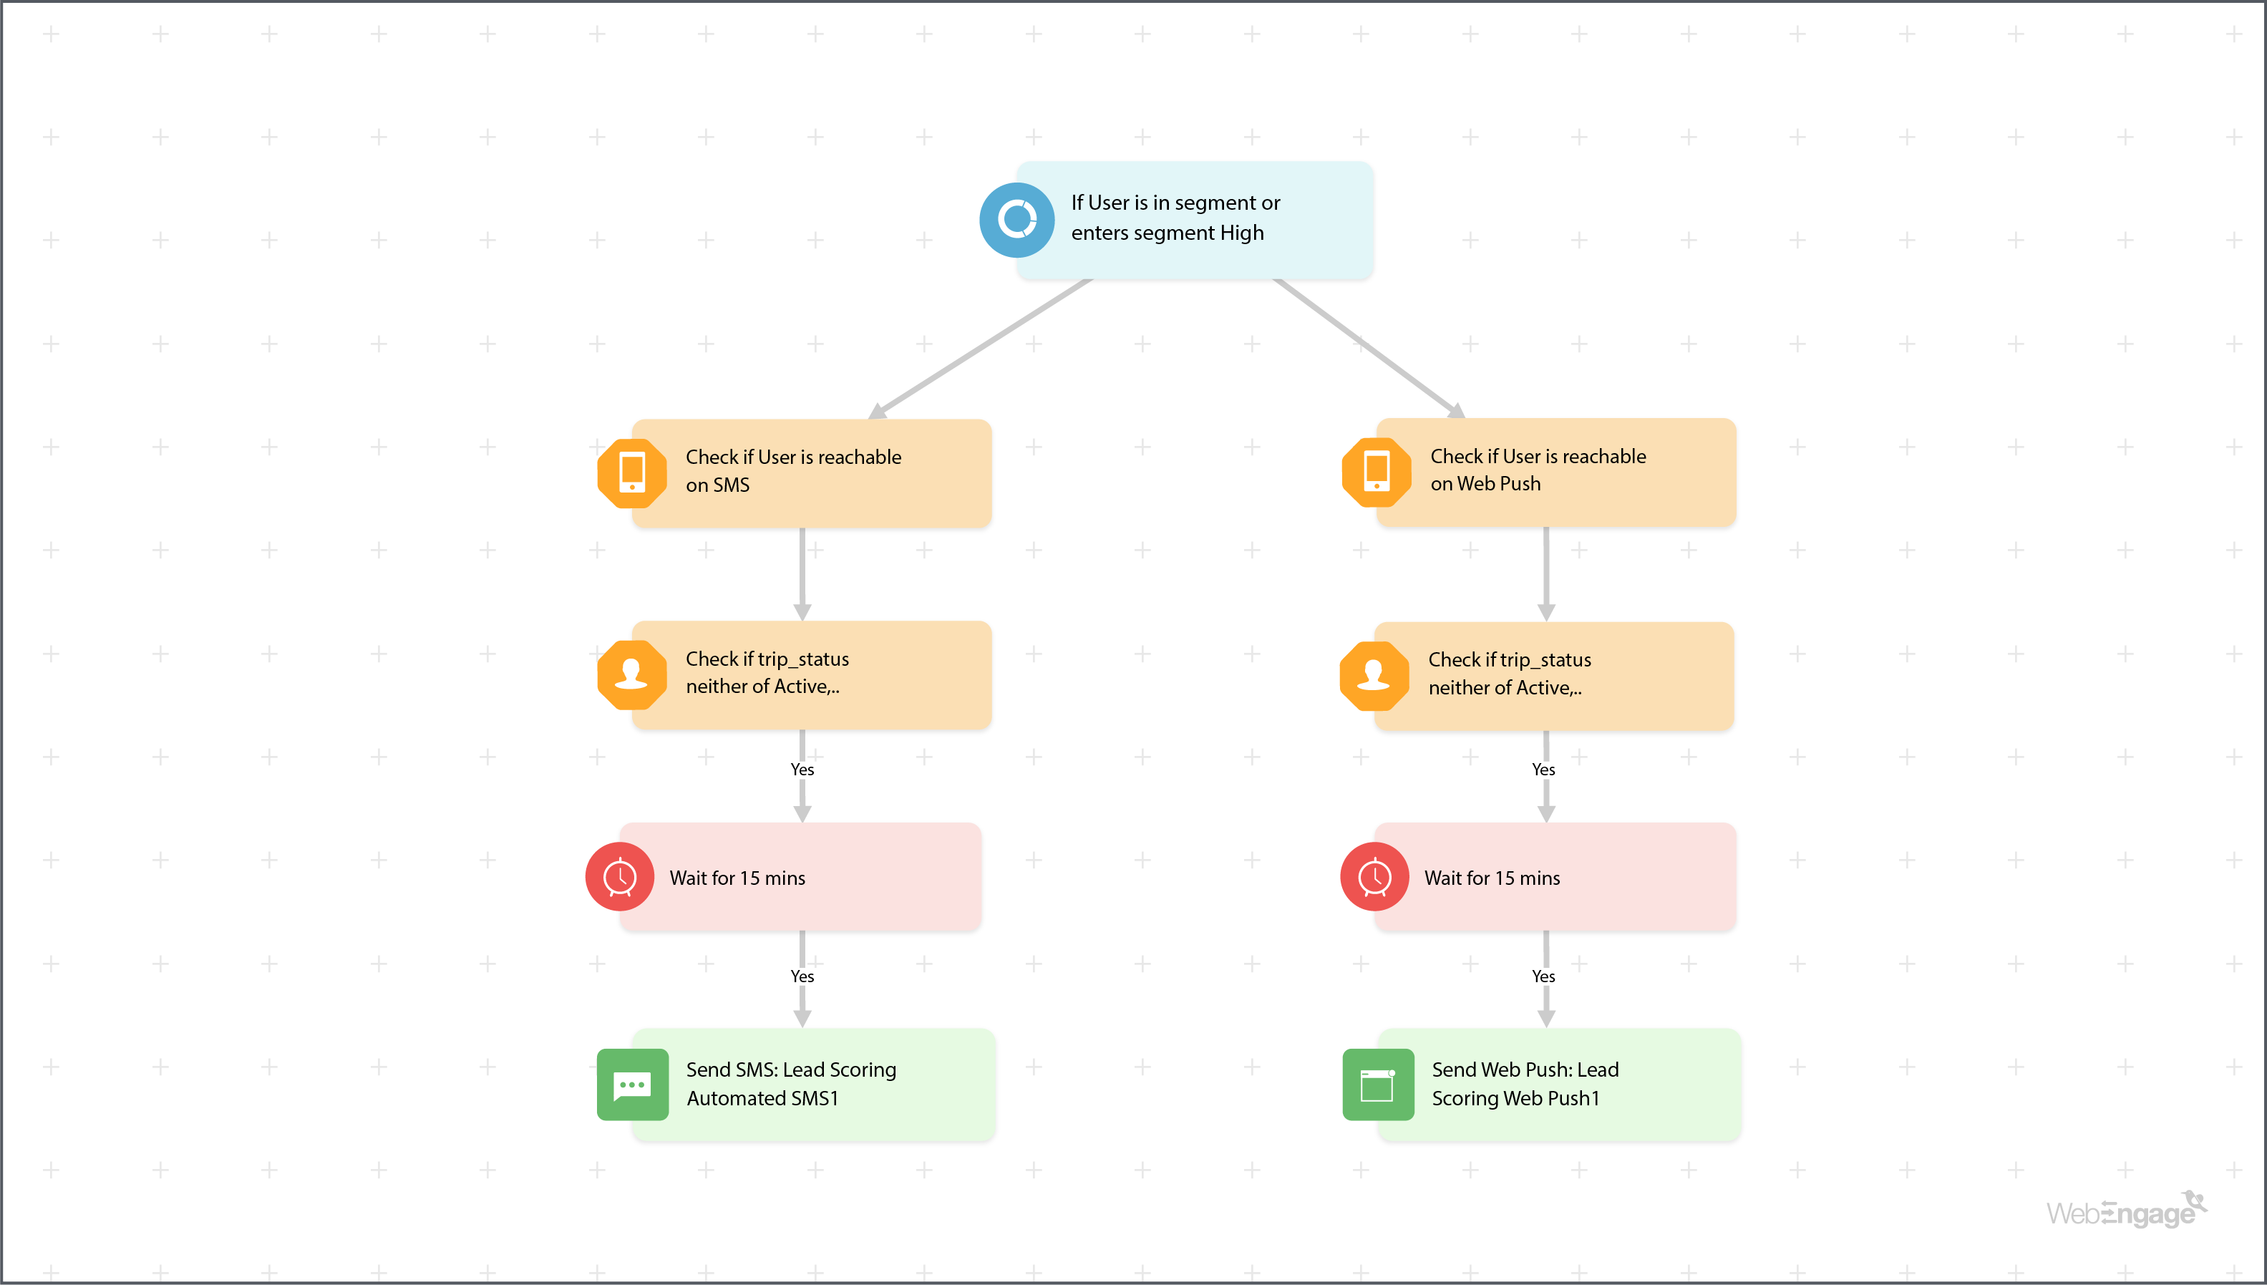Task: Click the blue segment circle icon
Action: [1016, 220]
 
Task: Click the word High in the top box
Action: [1242, 233]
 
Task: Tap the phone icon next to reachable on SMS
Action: [632, 473]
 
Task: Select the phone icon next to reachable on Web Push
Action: [1376, 472]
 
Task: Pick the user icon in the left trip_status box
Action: [632, 675]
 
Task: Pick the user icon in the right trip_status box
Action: [1374, 676]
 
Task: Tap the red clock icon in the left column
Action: [619, 877]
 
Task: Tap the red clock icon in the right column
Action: [1374, 877]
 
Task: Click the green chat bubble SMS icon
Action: [632, 1085]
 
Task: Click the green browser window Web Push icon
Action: [1377, 1085]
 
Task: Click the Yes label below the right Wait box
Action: [1543, 976]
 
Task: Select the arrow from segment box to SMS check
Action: [979, 349]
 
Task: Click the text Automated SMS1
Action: [762, 1099]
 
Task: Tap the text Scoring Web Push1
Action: [1515, 1099]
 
